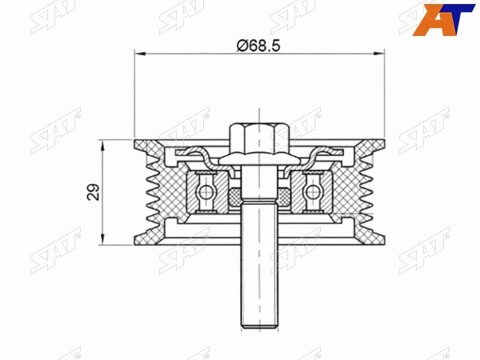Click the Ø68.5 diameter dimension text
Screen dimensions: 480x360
coord(258,46)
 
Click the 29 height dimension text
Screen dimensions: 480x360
coord(94,192)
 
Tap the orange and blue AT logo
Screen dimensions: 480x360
coord(443,20)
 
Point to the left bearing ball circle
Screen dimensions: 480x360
coord(204,192)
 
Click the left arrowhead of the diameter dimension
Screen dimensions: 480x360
coord(139,54)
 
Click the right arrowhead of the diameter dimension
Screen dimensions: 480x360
coord(379,54)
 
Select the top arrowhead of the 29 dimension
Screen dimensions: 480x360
coord(102,145)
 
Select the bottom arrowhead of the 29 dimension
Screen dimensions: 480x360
coord(102,240)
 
